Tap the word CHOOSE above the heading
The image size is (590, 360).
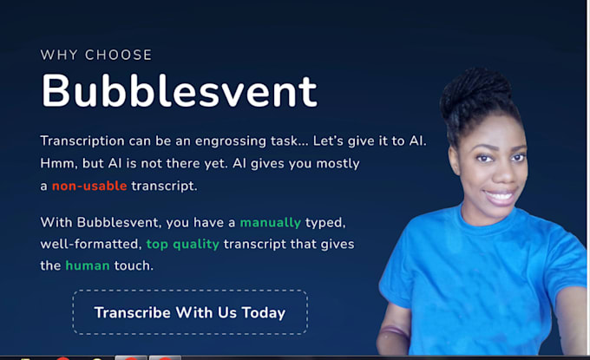118,56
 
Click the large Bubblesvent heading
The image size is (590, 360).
179,91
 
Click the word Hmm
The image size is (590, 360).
56,163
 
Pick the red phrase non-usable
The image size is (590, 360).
89,186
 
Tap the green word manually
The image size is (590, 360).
270,222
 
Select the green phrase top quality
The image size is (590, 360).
182,244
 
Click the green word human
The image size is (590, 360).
88,265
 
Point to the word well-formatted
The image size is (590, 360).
89,244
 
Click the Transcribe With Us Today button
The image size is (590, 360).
189,312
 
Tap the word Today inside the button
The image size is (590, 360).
264,312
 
